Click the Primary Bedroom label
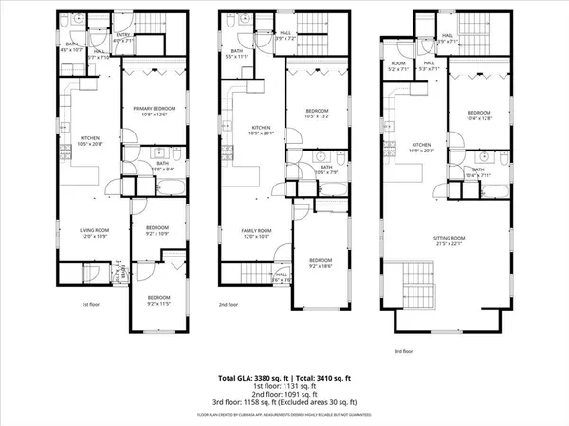[157, 112]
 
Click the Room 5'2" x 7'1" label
[396, 67]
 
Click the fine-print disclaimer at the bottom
[284, 415]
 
